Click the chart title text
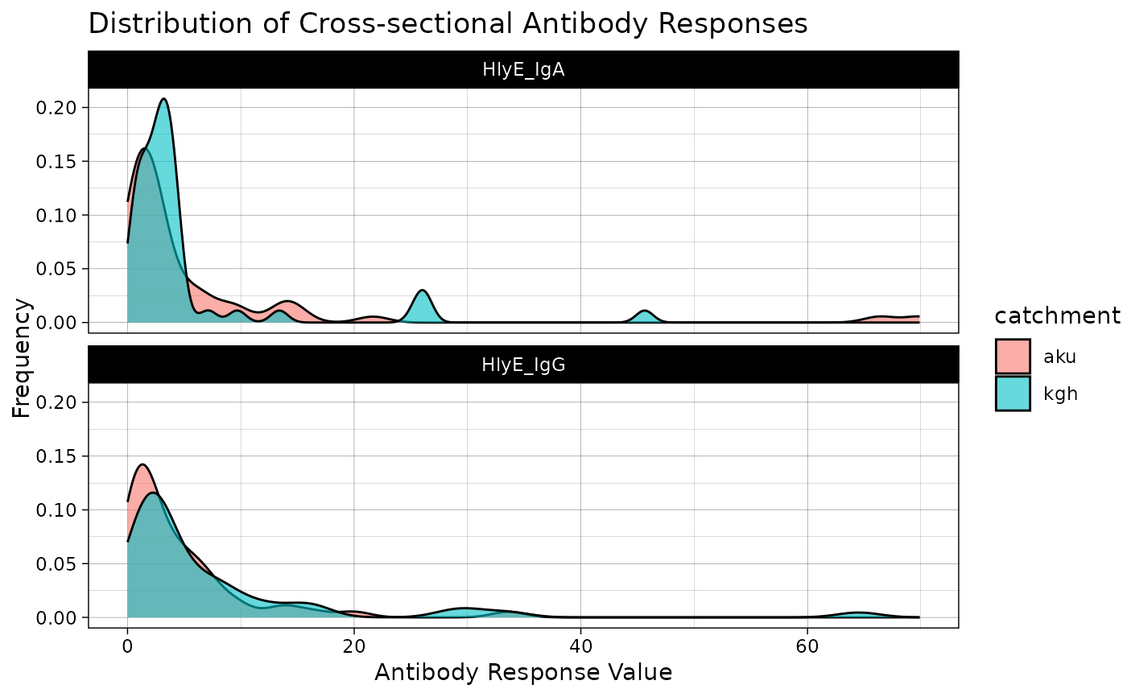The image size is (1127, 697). pyautogui.click(x=448, y=24)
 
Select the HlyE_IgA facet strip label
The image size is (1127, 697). pyautogui.click(x=523, y=69)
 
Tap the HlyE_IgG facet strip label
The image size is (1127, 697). pyautogui.click(x=523, y=365)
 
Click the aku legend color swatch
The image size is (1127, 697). pyautogui.click(x=1013, y=357)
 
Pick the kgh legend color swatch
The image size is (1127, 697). pyautogui.click(x=1013, y=394)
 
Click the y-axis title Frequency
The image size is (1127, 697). pyautogui.click(x=22, y=358)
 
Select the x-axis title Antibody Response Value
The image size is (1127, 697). pyautogui.click(x=523, y=673)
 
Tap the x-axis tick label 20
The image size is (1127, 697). pyautogui.click(x=354, y=645)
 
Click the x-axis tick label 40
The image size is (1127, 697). pyautogui.click(x=580, y=645)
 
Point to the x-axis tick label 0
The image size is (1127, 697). pyautogui.click(x=127, y=645)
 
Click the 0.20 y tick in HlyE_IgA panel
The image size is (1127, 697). pyautogui.click(x=61, y=108)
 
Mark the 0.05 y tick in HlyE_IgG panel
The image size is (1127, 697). pyautogui.click(x=61, y=564)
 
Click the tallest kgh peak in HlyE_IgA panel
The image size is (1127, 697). pyautogui.click(x=164, y=100)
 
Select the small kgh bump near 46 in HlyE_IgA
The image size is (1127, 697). pyautogui.click(x=645, y=311)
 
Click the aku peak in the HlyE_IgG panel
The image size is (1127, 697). pyautogui.click(x=142, y=465)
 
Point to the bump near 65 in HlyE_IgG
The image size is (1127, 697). pyautogui.click(x=860, y=613)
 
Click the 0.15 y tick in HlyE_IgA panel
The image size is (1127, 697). pyautogui.click(x=61, y=162)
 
